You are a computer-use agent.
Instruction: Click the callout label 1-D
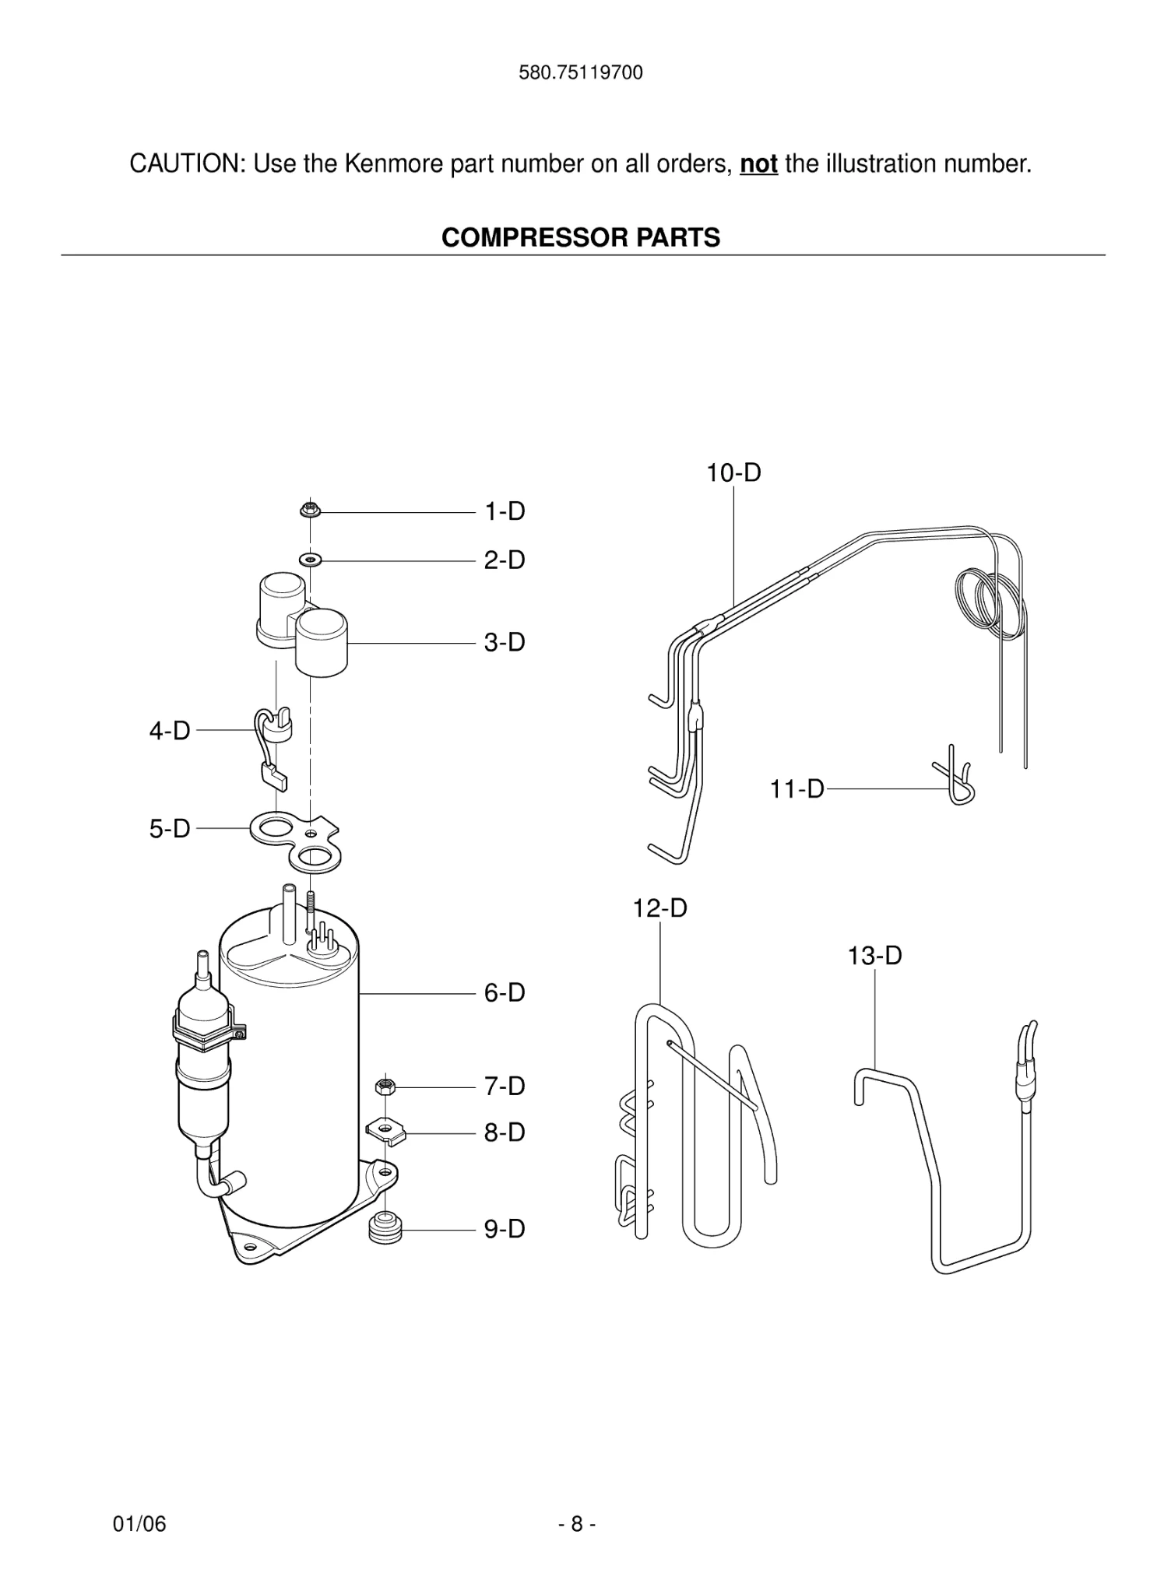[505, 512]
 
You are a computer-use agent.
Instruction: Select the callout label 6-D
[505, 993]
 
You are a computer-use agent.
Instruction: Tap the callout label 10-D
[733, 473]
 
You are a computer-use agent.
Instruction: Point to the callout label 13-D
[874, 956]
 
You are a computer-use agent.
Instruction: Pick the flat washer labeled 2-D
[311, 560]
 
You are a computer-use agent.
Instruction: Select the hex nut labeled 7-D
[384, 1086]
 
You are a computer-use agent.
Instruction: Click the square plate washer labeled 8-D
[386, 1131]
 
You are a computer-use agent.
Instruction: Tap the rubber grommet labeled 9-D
[384, 1227]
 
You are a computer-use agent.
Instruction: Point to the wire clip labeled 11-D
[955, 778]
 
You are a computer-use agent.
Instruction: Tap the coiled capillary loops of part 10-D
[987, 599]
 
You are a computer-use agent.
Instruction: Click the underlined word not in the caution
[758, 164]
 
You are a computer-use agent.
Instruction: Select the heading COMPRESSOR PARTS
[581, 237]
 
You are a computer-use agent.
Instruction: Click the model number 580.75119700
[581, 73]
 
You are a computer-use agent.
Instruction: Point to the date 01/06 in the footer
[139, 1524]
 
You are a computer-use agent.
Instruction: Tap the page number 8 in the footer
[577, 1524]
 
